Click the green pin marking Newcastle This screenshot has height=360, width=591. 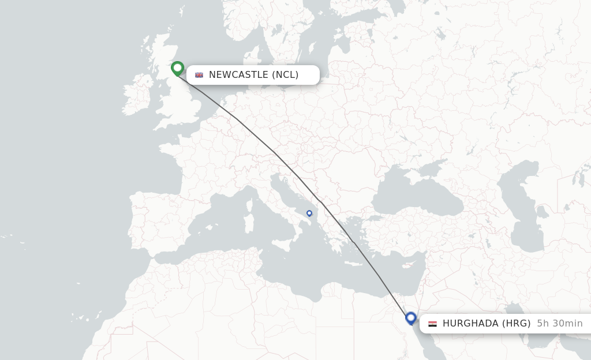[177, 69]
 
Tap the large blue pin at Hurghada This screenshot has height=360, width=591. [411, 318]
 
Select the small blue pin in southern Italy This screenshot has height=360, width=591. [309, 213]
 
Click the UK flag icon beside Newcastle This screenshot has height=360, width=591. [199, 75]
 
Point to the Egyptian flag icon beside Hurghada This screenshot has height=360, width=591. [432, 324]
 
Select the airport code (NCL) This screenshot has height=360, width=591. [286, 75]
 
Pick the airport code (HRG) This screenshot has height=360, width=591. [515, 324]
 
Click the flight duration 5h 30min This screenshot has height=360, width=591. [559, 324]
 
